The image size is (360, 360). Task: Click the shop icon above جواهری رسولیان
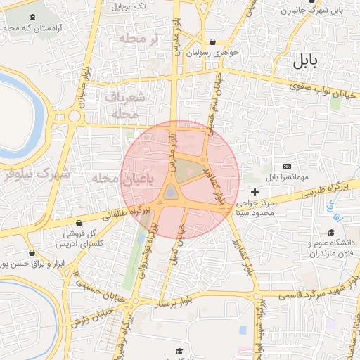click(213, 41)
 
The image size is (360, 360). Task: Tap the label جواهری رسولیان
click(213, 53)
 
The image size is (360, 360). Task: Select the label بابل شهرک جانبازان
click(312, 11)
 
